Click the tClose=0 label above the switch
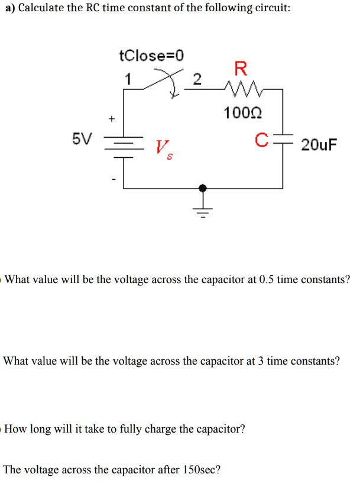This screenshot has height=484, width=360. [151, 56]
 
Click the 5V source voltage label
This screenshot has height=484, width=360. [82, 139]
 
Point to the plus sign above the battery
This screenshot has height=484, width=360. [111, 119]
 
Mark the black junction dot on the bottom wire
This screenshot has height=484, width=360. [203, 187]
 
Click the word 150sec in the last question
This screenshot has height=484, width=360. [201, 470]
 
